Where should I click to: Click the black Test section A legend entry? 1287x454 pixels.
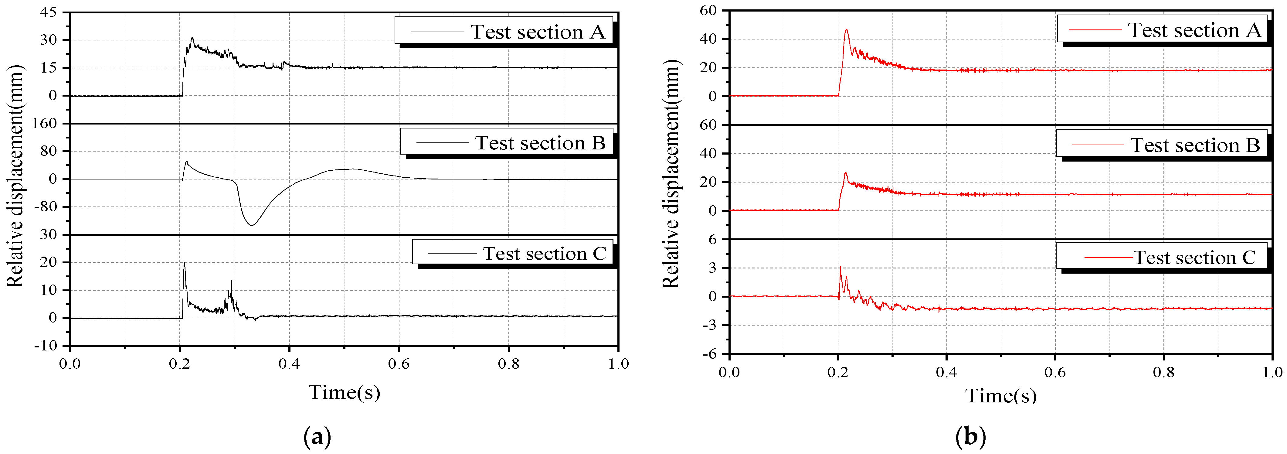tap(504, 32)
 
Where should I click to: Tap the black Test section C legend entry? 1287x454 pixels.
tap(514, 254)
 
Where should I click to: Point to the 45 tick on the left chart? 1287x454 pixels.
tap(49, 12)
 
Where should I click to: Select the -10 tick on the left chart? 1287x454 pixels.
tap(46, 346)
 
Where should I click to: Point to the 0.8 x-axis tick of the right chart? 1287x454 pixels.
tap(1163, 372)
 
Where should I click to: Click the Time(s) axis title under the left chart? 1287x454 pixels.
tap(344, 392)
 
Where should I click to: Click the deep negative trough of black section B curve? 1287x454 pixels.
tap(252, 225)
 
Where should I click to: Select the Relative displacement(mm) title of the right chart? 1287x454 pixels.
tap(671, 173)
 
